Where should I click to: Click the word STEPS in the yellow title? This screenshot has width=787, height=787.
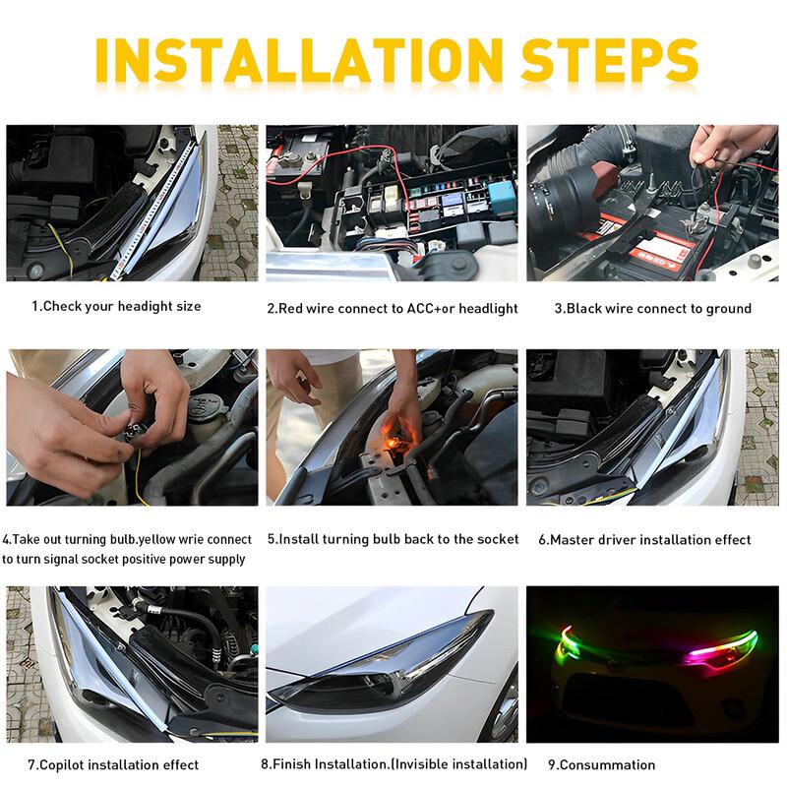[595, 60]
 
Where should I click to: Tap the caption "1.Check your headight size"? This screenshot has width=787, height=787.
[116, 306]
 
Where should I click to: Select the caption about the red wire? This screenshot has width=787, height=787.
[393, 308]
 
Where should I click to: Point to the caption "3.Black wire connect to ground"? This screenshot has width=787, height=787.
[652, 308]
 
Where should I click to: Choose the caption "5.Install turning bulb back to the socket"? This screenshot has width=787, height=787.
[393, 539]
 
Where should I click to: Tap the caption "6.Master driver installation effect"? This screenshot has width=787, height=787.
[644, 539]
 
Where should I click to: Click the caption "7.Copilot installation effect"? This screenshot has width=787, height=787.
[113, 764]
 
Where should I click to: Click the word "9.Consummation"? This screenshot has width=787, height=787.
[601, 764]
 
